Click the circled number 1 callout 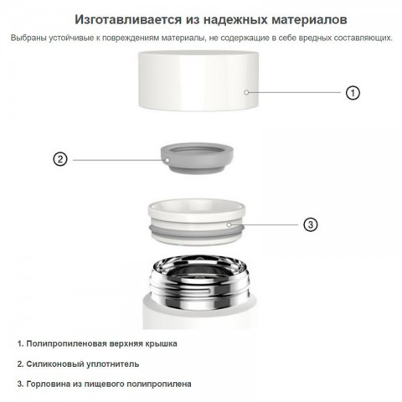[353, 93]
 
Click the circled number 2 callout [59, 158]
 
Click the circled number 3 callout [310, 224]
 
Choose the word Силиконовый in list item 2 [55, 363]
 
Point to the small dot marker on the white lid [246, 92]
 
